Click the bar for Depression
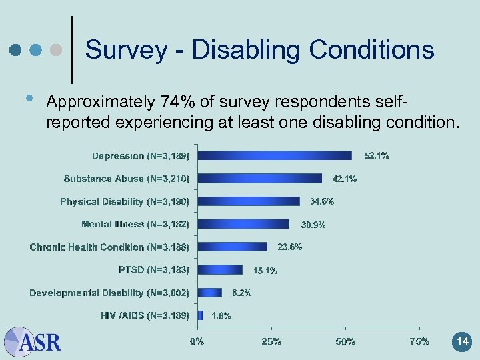[x=275, y=155]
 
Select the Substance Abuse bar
[x=260, y=178]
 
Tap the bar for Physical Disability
[x=249, y=201]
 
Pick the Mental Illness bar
[x=243, y=224]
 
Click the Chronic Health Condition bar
[x=233, y=247]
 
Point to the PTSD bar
[x=220, y=269]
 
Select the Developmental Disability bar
[x=210, y=292]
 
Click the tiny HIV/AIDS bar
[x=200, y=315]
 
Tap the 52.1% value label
[x=377, y=155]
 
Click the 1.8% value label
[x=221, y=315]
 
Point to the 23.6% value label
[x=290, y=247]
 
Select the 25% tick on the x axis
[x=271, y=342]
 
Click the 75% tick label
[x=419, y=342]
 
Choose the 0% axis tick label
[x=197, y=342]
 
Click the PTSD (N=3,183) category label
[x=154, y=269]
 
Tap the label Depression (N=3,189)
[x=141, y=156]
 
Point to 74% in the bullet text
[x=175, y=102]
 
